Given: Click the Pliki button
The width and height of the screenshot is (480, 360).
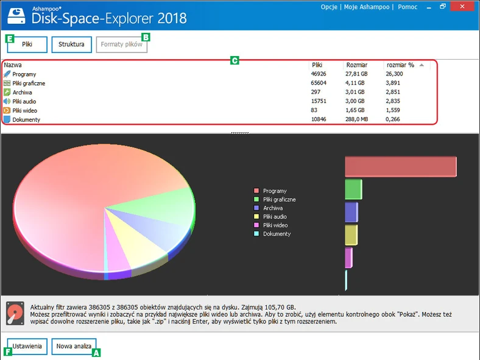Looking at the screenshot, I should tap(27, 44).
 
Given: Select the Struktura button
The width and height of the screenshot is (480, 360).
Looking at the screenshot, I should tap(71, 44).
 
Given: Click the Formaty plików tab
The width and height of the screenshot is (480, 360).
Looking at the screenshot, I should tap(121, 44).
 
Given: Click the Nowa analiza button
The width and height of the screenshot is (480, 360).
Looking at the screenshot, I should tap(74, 346).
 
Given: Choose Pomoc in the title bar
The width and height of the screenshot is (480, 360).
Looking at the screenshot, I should tap(408, 7).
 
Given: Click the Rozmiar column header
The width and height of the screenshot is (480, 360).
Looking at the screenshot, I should tap(356, 65).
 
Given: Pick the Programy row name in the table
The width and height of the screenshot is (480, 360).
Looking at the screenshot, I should tap(24, 74).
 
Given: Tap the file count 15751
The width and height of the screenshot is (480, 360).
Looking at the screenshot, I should tap(319, 102).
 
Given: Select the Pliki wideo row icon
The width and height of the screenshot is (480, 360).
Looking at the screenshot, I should tap(7, 111).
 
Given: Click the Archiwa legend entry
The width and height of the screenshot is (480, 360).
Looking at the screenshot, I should tap(272, 208).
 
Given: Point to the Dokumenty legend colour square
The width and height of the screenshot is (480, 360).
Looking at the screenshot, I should tap(256, 234).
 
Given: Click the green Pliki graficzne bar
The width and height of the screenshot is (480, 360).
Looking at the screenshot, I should tap(353, 189).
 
